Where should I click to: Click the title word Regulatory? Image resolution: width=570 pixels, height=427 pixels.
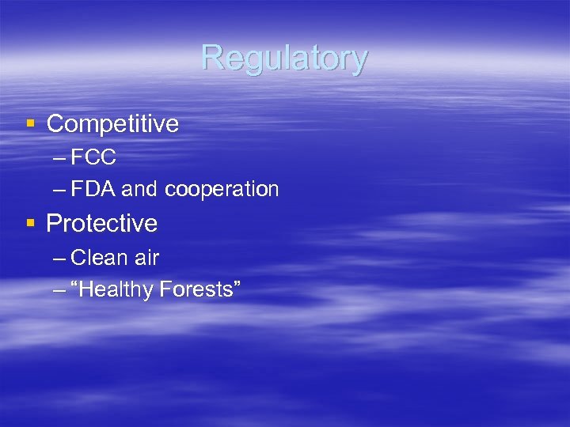[x=284, y=58]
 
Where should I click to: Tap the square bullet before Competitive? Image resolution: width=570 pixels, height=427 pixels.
[x=30, y=123]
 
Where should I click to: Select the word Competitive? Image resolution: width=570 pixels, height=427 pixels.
[x=112, y=124]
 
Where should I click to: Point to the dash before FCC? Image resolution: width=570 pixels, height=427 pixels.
[x=59, y=158]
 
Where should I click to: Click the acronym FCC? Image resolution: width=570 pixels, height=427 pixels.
[x=93, y=158]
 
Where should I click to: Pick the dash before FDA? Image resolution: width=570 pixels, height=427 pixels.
[x=59, y=190]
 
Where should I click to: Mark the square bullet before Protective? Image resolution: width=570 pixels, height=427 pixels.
[x=30, y=224]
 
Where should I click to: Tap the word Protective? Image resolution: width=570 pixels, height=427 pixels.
[x=102, y=224]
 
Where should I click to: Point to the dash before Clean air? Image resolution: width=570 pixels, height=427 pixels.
[x=59, y=259]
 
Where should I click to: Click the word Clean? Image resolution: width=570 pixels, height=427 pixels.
[x=99, y=258]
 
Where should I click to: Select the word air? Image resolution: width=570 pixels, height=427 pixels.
[x=146, y=258]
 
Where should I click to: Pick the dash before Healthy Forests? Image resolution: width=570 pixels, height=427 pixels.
[x=59, y=290]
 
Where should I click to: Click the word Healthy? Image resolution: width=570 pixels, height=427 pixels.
[x=116, y=290]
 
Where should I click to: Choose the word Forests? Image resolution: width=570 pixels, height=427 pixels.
[x=193, y=289]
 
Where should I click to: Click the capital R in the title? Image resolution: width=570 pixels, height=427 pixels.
[x=211, y=57]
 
